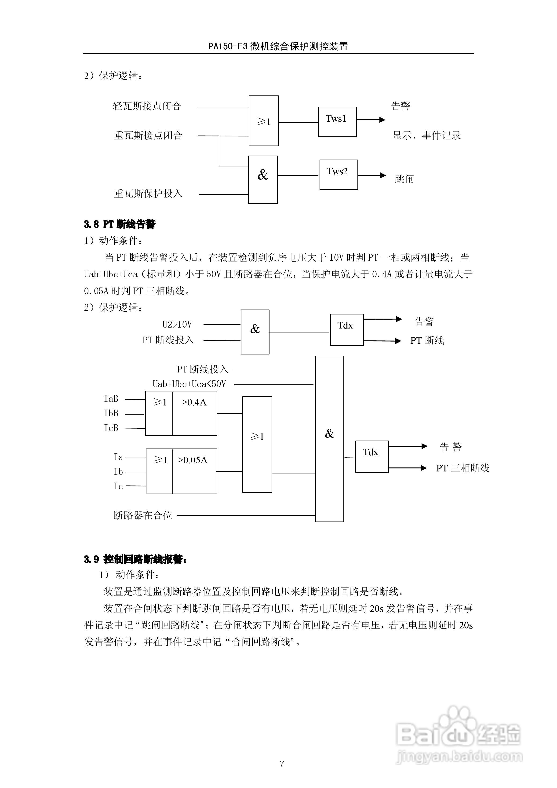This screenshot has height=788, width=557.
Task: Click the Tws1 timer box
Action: pos(337,122)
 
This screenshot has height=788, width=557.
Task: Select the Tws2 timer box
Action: pos(338,174)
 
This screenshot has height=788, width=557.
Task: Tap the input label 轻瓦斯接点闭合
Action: pos(147,106)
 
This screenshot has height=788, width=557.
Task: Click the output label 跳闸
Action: pos(404,179)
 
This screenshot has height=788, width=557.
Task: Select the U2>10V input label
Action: pos(177,324)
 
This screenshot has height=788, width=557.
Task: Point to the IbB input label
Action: pos(111,413)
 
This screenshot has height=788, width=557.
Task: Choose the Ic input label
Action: pos(118,486)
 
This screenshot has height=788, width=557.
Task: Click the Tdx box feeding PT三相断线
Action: pos(372,456)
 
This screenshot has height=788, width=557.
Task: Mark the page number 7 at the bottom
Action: pos(282,763)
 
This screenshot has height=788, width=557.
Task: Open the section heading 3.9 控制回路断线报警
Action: pos(135,559)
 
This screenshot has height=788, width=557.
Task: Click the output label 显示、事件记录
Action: pos(426,135)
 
